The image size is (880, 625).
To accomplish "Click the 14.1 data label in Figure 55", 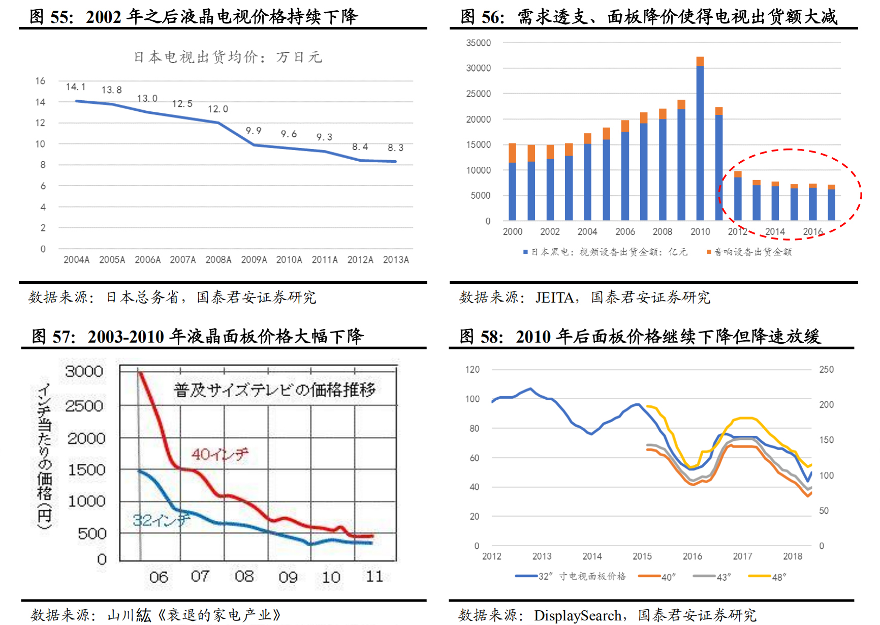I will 76,87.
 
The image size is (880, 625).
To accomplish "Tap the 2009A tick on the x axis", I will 254,260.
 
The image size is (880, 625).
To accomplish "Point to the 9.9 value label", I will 254,131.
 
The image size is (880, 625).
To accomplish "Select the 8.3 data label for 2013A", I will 395,148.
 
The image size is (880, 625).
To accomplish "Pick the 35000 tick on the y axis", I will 478,43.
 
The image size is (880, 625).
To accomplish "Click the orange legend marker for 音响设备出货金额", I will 709,252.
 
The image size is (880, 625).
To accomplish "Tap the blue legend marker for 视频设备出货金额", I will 525,252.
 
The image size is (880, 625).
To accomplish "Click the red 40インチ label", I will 220,454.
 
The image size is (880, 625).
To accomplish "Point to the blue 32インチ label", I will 161,520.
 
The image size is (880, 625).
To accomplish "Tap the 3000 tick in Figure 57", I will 84,372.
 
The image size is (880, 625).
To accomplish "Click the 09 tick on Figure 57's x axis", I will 288,577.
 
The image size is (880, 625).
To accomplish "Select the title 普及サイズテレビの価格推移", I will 274,390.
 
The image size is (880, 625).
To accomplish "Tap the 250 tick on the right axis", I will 826,370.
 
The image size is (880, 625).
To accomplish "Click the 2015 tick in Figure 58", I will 642,556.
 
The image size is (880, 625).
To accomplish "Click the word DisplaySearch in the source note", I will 578,616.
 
